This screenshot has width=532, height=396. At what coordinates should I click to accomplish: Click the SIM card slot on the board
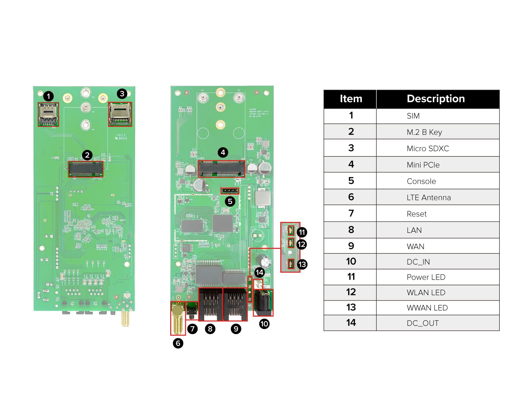point(48,115)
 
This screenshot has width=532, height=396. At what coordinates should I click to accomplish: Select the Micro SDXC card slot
point(120,114)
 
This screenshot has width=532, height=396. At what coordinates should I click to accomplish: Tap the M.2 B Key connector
point(86,169)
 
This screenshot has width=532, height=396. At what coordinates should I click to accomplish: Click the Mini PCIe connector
point(221,169)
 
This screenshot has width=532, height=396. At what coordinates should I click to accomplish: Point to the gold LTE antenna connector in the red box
point(178,318)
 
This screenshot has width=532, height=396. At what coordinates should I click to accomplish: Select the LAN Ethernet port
point(210,305)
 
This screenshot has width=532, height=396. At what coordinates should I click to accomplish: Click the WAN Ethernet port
point(235,305)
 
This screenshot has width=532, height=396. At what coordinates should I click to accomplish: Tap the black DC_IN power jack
point(263,303)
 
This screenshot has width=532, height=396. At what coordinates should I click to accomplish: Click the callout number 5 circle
point(230,201)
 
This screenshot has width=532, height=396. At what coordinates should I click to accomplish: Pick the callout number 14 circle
point(259,273)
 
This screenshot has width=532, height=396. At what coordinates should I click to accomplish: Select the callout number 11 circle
point(302,232)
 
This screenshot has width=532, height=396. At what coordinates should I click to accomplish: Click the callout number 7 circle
point(193,329)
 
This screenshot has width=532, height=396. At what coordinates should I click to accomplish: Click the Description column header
point(436,99)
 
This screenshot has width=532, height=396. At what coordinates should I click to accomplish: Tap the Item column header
point(350,99)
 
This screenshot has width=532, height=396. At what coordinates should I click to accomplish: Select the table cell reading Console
point(421,181)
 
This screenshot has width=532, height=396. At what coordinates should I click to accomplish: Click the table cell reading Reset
point(416,214)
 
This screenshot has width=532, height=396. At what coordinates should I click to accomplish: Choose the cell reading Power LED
point(426,277)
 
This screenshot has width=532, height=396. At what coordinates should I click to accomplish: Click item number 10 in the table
point(350,261)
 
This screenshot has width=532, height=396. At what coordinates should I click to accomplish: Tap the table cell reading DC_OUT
point(422,323)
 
